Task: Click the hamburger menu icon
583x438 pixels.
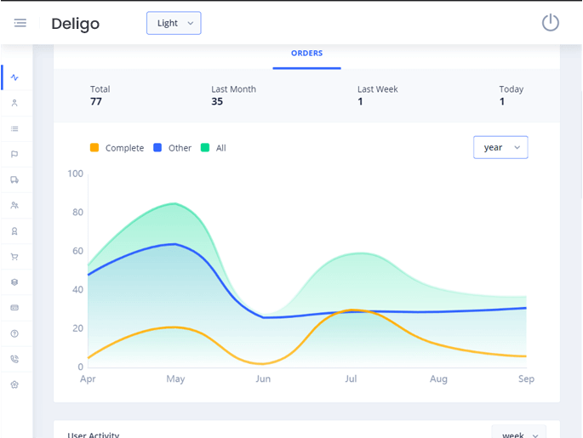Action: (x=20, y=23)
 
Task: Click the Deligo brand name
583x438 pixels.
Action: (x=75, y=24)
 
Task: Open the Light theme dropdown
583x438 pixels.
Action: (x=174, y=23)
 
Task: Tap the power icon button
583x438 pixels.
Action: (x=551, y=23)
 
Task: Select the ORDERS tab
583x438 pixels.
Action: (x=306, y=54)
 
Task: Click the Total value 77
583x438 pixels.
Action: (x=96, y=102)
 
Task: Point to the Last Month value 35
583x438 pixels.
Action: (x=217, y=102)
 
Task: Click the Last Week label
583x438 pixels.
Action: (x=377, y=89)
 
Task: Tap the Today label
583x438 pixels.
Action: (x=512, y=89)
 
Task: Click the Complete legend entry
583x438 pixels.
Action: (x=117, y=148)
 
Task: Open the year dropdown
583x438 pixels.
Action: (x=500, y=148)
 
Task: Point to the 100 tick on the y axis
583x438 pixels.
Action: (x=76, y=174)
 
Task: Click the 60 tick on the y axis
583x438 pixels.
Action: (x=78, y=251)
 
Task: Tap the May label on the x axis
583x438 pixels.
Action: (x=175, y=379)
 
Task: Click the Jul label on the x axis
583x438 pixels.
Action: (x=351, y=379)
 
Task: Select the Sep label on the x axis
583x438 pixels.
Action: (x=526, y=379)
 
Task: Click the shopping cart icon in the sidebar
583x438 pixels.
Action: (x=14, y=257)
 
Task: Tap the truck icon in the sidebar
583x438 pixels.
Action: (x=14, y=180)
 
